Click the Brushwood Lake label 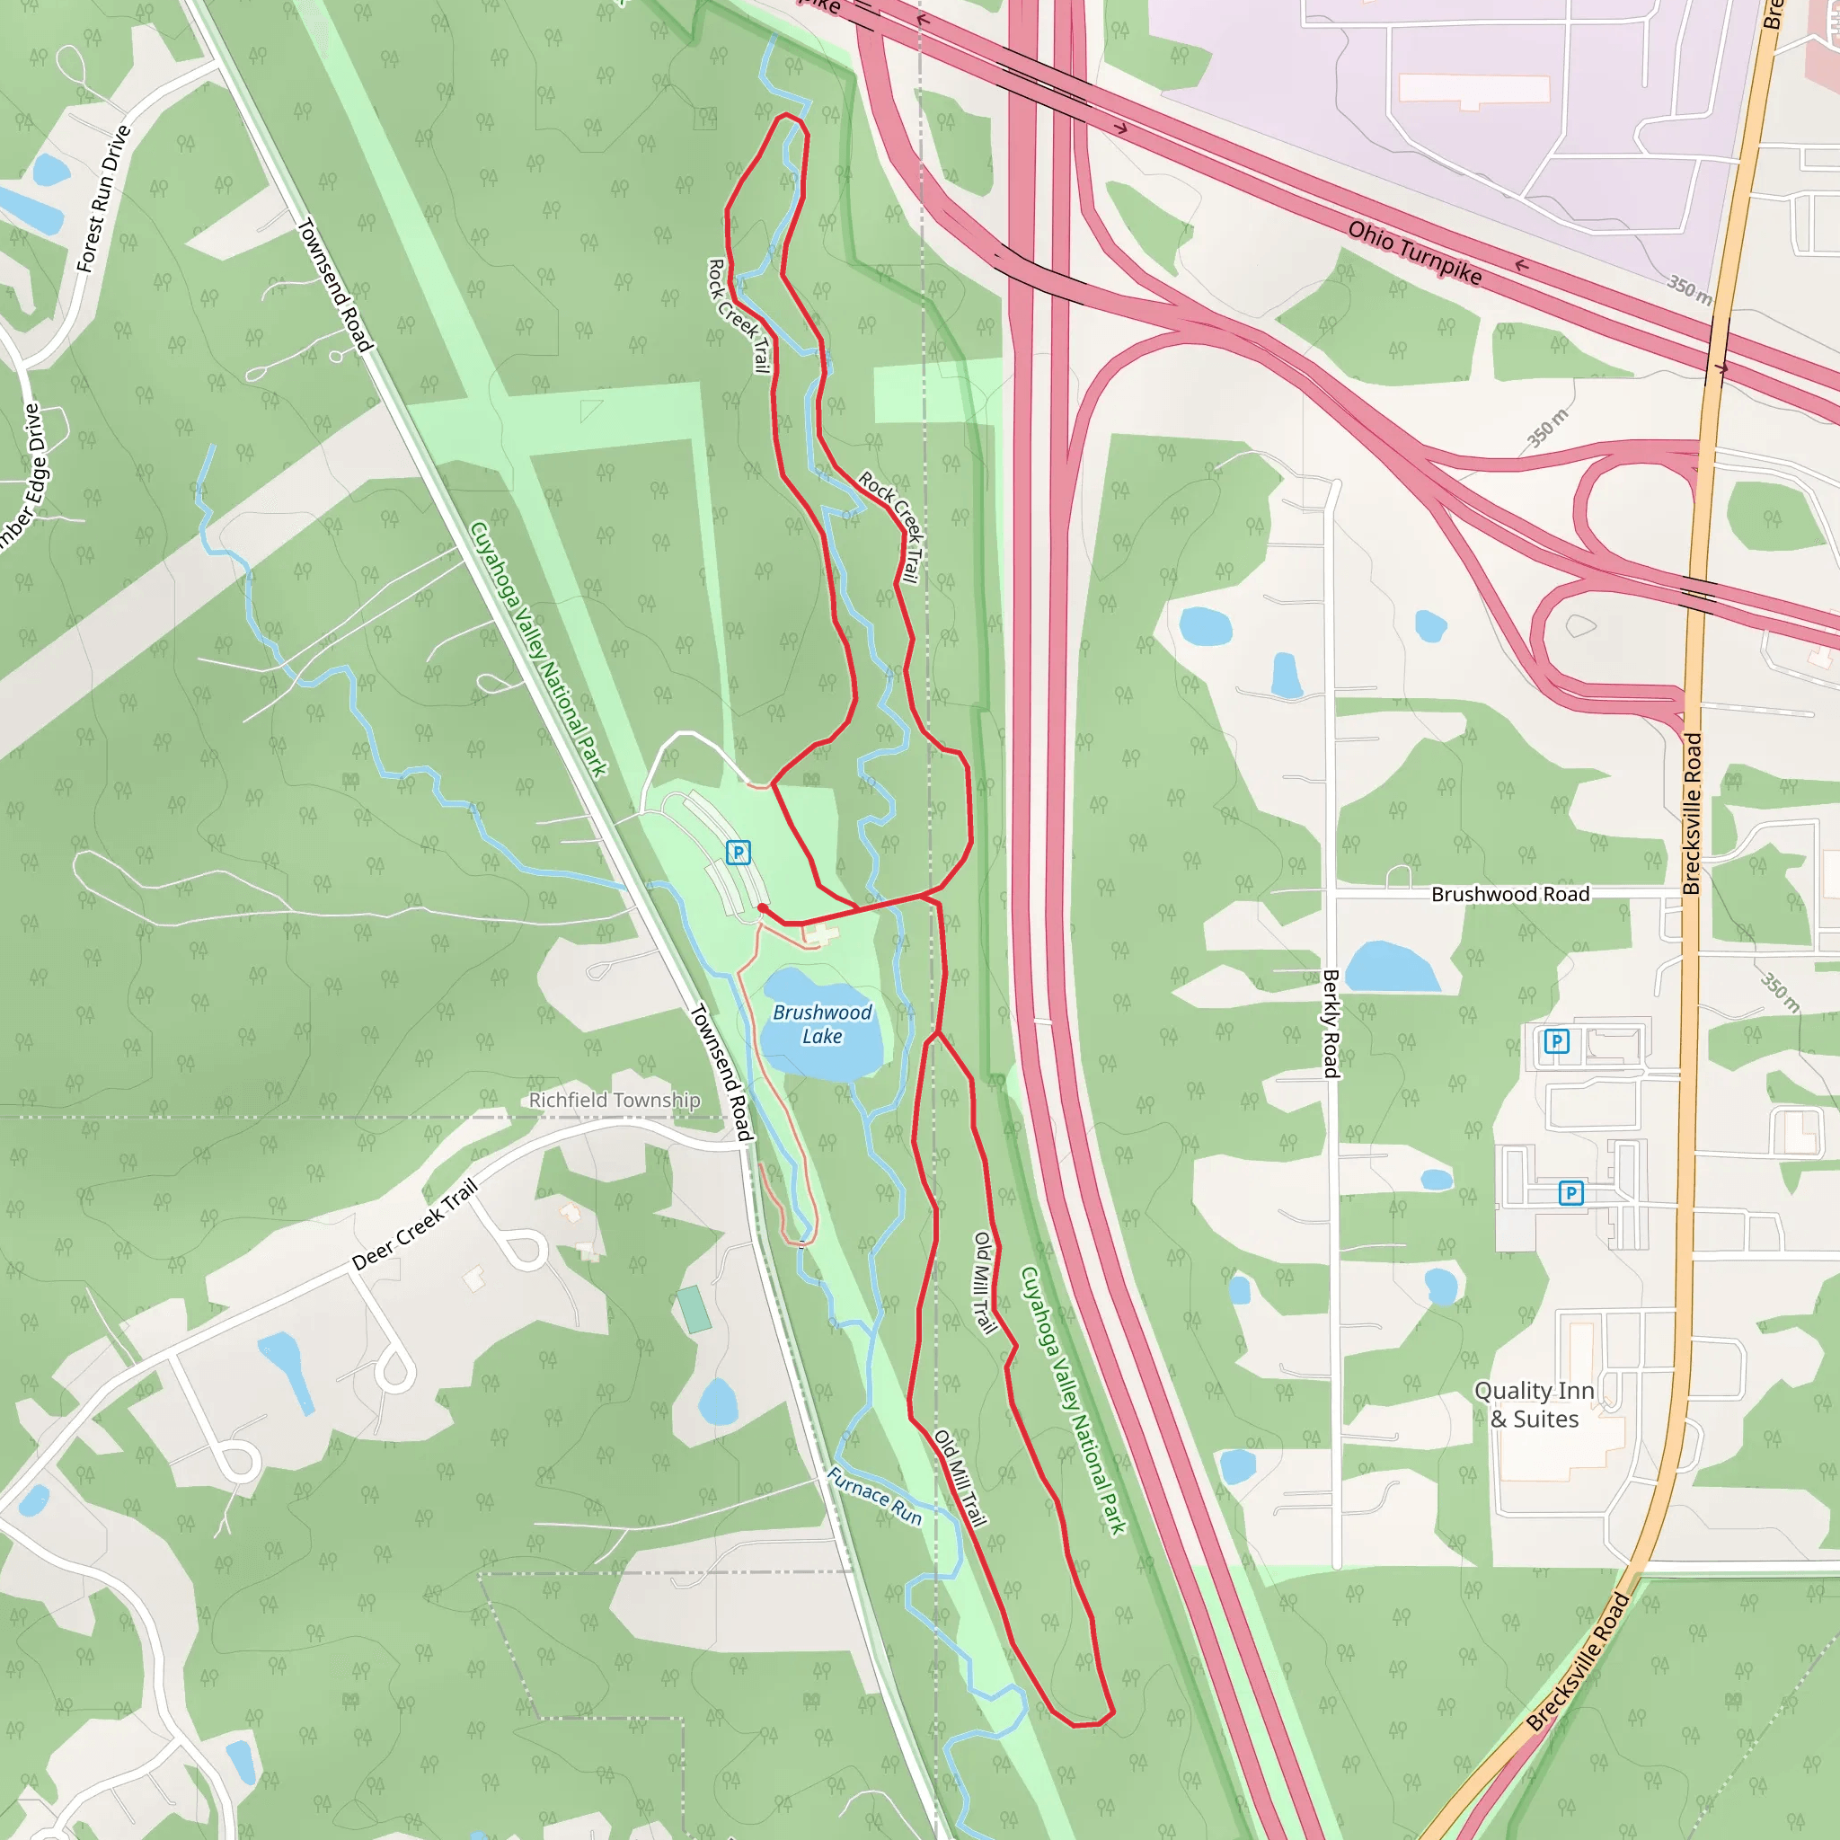click(822, 1024)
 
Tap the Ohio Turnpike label click(1414, 252)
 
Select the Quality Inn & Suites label click(1534, 1405)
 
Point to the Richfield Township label click(615, 1100)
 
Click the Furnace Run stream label click(873, 1495)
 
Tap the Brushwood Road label click(1510, 894)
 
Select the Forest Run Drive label click(102, 198)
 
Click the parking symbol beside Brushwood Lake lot click(739, 853)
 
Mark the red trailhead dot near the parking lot click(763, 908)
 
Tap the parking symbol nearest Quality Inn click(1571, 1192)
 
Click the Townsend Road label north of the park click(334, 285)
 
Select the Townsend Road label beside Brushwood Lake click(721, 1072)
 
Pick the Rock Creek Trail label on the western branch click(739, 315)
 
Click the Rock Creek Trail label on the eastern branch click(891, 525)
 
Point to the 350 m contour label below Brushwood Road click(1779, 993)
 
